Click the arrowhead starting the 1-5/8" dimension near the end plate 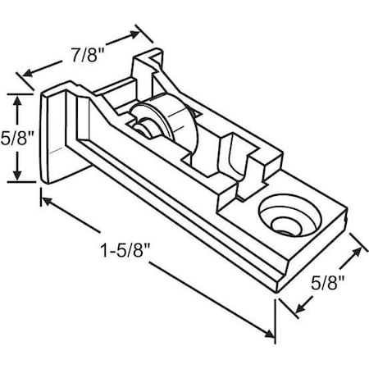(48, 198)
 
